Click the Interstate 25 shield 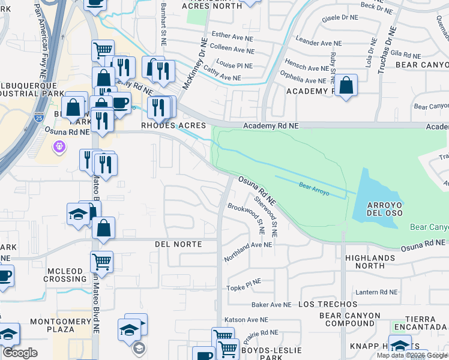[40, 117]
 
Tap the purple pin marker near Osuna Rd [59, 146]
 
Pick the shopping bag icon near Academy [346, 86]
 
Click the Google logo [20, 353]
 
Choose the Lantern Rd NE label [377, 292]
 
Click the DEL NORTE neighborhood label [177, 244]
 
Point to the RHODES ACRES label [173, 125]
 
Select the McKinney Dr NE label [194, 64]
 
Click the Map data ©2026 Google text [412, 355]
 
